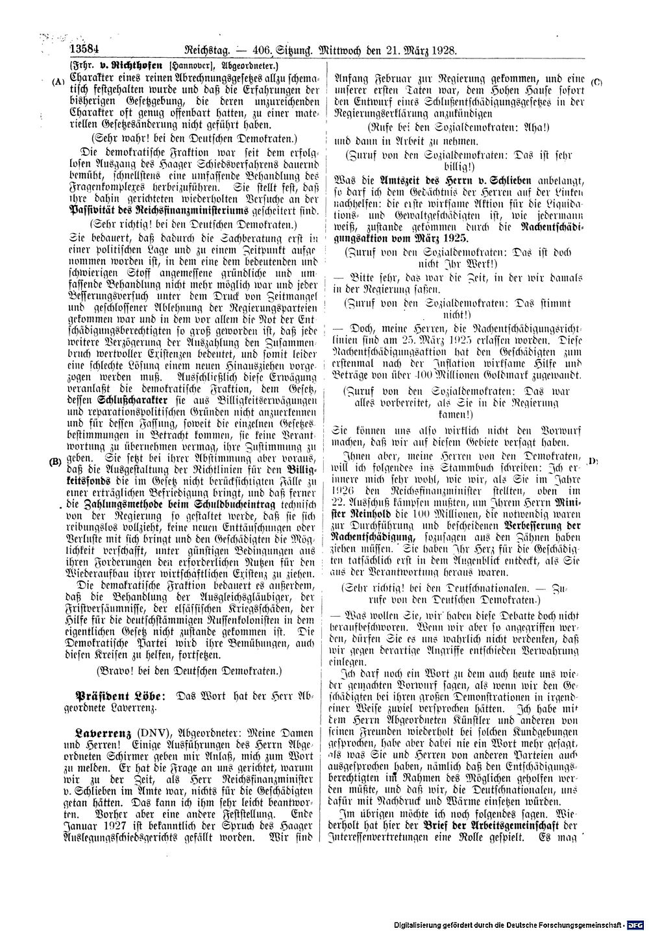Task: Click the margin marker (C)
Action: pos(597,82)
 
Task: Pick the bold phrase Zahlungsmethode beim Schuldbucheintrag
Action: pos(167,504)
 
